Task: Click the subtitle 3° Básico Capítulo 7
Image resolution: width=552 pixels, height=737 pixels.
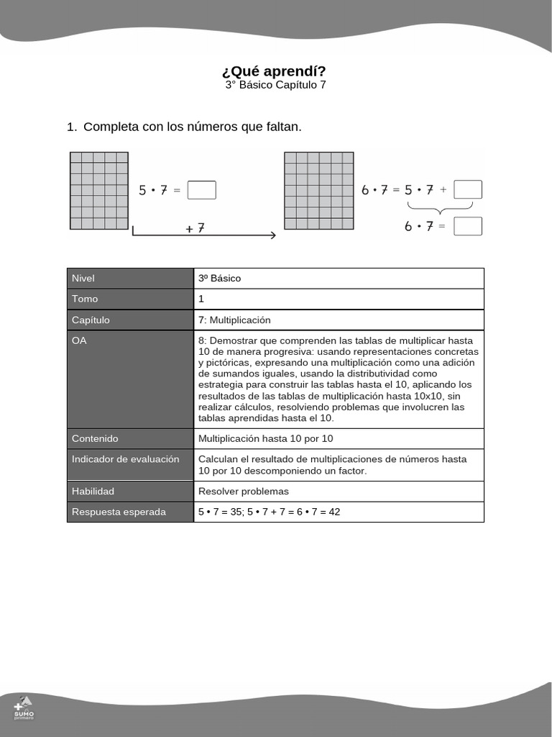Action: [x=275, y=85]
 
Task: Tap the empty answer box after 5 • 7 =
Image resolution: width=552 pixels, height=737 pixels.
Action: [x=201, y=190]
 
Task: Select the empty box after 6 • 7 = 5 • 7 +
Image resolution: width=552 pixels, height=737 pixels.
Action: [x=468, y=189]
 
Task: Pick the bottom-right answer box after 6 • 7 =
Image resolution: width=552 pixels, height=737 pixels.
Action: [x=468, y=226]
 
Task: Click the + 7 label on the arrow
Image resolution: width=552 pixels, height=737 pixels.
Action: [x=195, y=227]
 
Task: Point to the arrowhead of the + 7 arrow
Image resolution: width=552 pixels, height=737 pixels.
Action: [x=273, y=235]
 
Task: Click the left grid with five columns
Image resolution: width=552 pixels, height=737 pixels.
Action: [x=98, y=191]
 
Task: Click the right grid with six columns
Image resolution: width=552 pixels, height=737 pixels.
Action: [x=318, y=191]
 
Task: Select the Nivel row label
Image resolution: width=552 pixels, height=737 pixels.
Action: [x=83, y=279]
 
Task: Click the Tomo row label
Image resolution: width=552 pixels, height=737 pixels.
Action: [x=85, y=299]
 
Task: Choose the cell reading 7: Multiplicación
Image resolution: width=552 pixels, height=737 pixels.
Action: [x=234, y=320]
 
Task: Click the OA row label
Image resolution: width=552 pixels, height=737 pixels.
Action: [x=79, y=341]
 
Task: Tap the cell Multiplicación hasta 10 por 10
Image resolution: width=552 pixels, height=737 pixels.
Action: [x=265, y=439]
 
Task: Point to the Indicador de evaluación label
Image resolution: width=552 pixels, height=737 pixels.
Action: [x=125, y=459]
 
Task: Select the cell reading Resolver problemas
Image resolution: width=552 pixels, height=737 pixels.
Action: [x=243, y=492]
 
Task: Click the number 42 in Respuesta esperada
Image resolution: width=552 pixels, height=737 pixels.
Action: [x=334, y=512]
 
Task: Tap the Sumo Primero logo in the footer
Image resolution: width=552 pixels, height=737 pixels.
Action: [x=24, y=707]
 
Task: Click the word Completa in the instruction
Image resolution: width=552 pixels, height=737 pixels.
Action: [x=111, y=127]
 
